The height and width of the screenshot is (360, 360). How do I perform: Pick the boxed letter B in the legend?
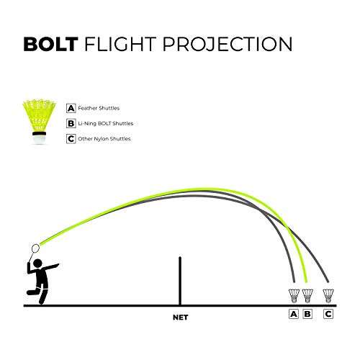[71, 123]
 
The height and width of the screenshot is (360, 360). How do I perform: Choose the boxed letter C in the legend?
[71, 138]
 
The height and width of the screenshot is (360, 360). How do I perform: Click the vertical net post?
[179, 281]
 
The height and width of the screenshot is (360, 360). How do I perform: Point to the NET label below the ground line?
[179, 315]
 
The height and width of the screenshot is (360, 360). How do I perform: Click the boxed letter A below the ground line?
[294, 314]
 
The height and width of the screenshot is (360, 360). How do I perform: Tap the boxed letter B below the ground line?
[308, 314]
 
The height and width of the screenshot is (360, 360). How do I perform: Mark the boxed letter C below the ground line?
[329, 314]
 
